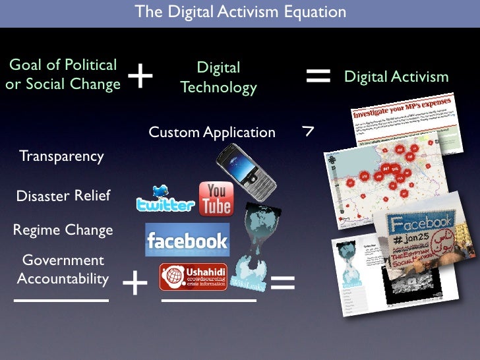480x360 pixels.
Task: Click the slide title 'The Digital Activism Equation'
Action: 240,12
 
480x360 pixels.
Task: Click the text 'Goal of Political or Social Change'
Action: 63,75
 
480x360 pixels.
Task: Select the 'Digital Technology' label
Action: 218,78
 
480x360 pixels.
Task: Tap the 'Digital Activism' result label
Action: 396,77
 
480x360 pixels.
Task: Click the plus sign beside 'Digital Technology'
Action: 140,77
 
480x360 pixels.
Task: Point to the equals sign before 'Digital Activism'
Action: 318,76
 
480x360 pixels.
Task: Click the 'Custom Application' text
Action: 212,132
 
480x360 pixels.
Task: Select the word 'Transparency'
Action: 61,156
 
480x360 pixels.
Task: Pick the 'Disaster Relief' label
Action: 63,196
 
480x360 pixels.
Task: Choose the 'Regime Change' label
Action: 63,230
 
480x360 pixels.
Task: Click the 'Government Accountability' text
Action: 63,270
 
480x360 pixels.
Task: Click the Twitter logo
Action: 165,199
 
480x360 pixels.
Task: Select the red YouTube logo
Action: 216,199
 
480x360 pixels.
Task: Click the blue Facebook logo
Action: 187,240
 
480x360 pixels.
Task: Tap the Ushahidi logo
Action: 193,277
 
